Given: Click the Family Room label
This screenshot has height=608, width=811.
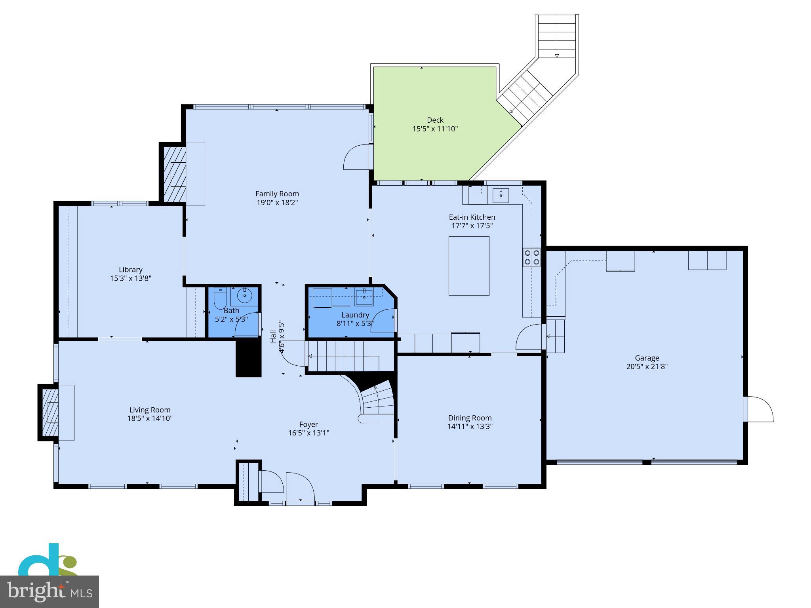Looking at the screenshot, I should click(277, 194).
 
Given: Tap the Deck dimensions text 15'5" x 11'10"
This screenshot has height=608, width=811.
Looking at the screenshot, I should click(435, 129).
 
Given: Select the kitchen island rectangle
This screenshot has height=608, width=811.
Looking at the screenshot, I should click(468, 266).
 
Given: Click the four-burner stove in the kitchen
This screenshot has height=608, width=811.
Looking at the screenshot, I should click(531, 257).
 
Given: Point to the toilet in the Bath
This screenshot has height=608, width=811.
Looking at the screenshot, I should click(219, 299).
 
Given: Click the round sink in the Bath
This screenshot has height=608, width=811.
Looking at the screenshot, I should click(245, 295).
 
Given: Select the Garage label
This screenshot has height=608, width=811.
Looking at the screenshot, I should click(647, 358).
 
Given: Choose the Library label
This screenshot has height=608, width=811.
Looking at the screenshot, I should click(130, 270).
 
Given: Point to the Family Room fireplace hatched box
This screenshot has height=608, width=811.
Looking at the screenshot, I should click(175, 174).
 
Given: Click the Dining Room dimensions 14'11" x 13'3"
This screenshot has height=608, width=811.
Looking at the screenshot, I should click(470, 426).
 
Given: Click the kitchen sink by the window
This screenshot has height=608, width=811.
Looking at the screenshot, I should click(501, 195).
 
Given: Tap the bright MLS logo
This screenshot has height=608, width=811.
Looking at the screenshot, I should click(49, 591).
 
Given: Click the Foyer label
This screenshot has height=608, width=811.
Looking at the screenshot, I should click(308, 424).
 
